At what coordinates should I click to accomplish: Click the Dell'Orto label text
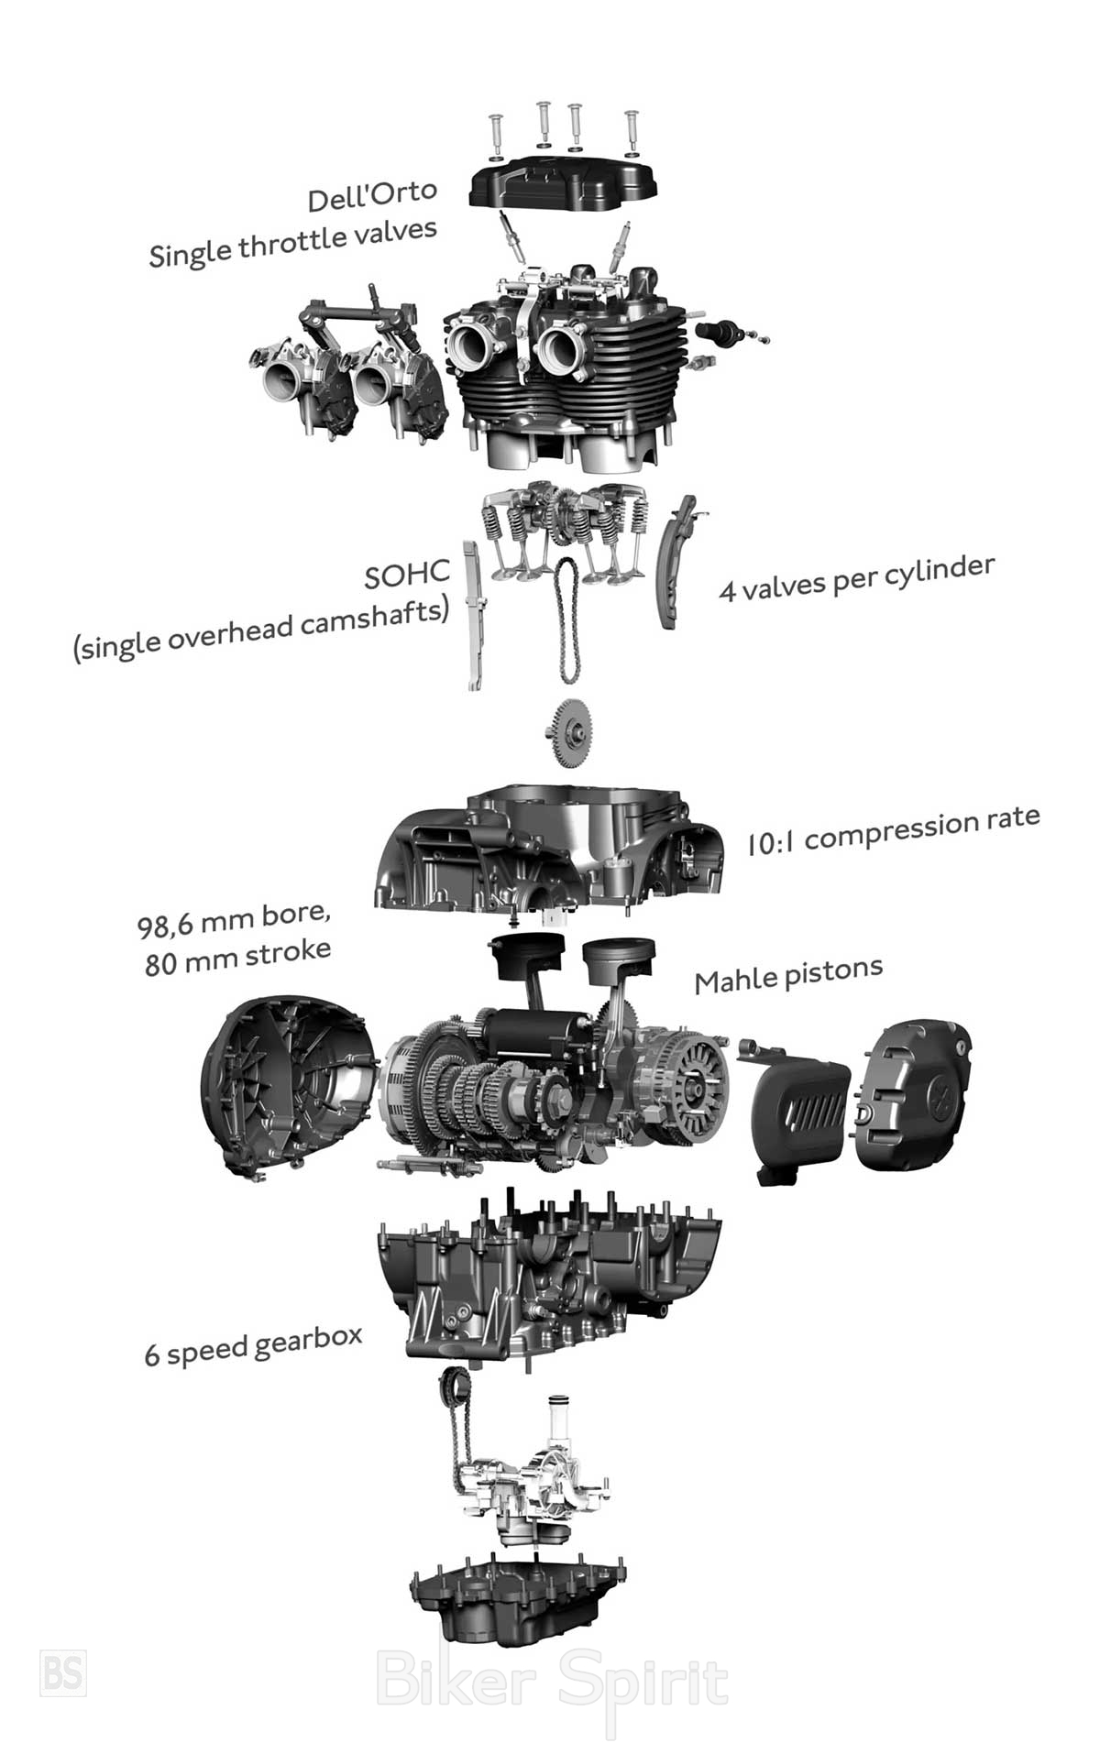pos(371,194)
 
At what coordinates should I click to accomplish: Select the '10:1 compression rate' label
pos(893,830)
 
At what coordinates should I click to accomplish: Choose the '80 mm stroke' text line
pos(237,958)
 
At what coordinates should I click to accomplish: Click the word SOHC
pos(407,575)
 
